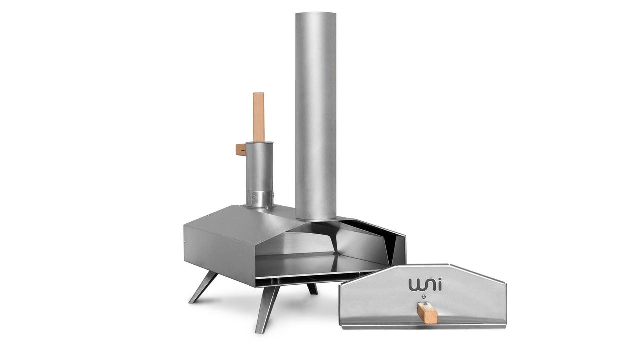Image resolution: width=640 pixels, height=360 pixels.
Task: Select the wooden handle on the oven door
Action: click(427, 313)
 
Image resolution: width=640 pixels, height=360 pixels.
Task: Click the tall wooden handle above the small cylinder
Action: click(259, 117)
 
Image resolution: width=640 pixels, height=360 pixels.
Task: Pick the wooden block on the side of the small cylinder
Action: click(241, 150)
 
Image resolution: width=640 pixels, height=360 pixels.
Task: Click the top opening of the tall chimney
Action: click(316, 13)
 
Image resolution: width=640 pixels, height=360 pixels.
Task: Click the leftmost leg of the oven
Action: click(203, 287)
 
